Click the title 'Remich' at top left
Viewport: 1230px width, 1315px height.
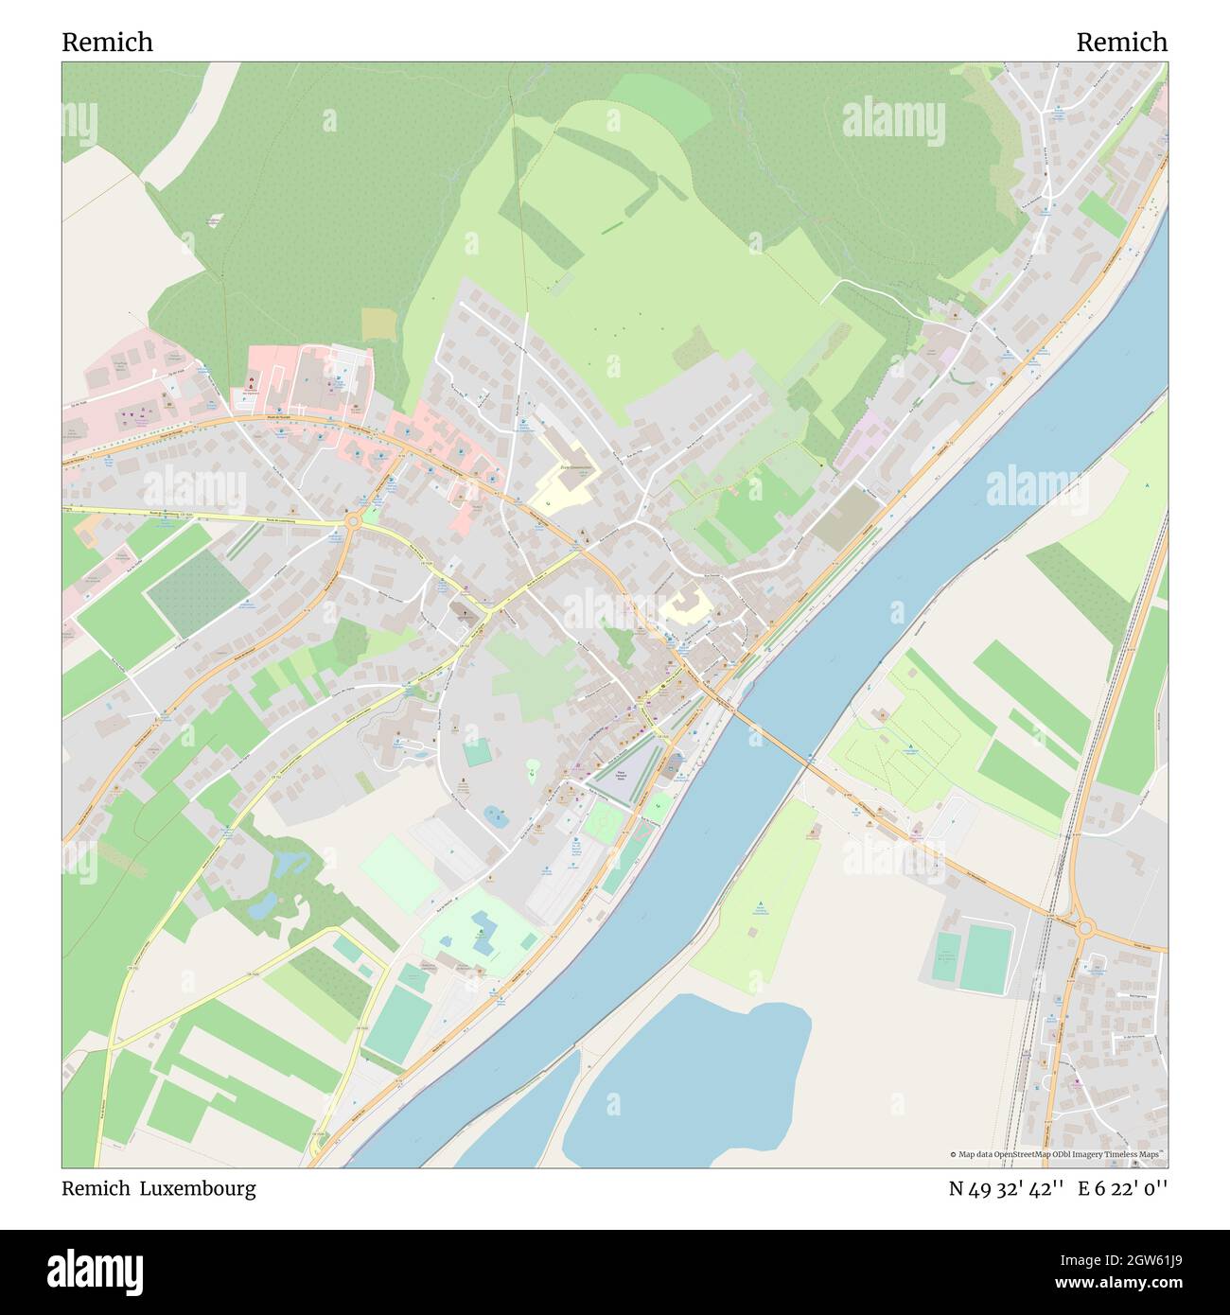pyautogui.click(x=107, y=43)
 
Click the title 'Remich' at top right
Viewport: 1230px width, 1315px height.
pyautogui.click(x=1121, y=43)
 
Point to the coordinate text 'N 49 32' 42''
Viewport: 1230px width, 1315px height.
pyautogui.click(x=1007, y=1189)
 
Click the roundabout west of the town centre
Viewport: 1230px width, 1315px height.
pyautogui.click(x=354, y=519)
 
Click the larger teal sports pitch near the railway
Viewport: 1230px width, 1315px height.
pyautogui.click(x=985, y=959)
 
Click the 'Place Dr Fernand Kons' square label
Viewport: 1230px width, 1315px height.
pyautogui.click(x=622, y=774)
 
